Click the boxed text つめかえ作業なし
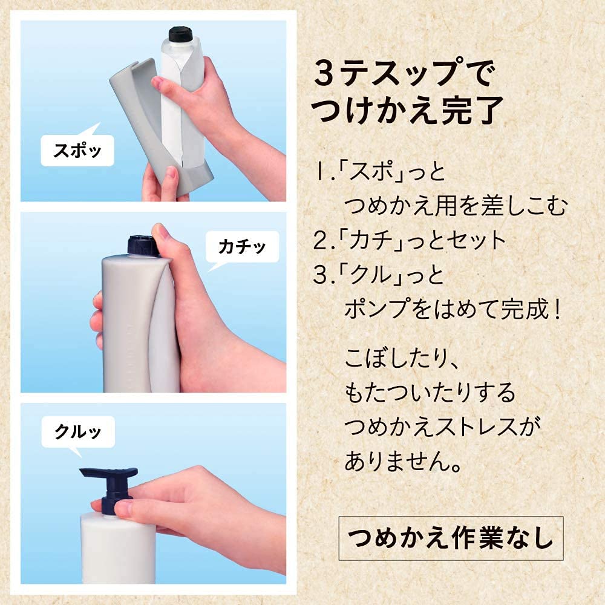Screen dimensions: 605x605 click(451, 537)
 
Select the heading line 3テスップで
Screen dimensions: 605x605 click(404, 76)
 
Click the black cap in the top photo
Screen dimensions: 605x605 click(180, 34)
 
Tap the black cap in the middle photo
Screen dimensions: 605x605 click(142, 246)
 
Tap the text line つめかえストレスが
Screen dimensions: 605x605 click(442, 428)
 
